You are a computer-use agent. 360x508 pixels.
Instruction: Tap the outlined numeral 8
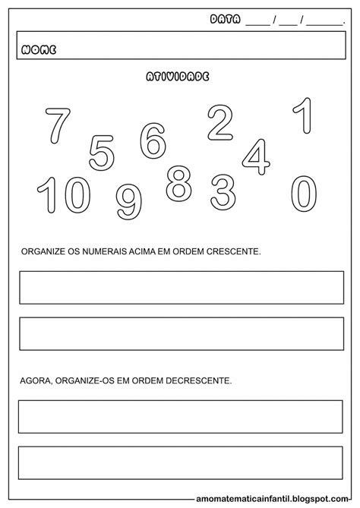(179, 182)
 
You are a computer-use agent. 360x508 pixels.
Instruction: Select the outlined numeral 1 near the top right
(302, 118)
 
